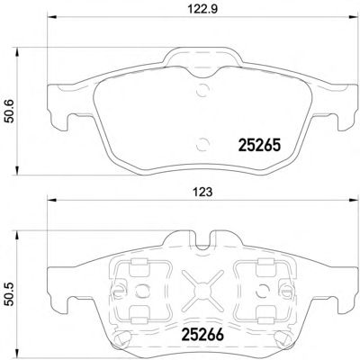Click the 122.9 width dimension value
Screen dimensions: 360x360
202,9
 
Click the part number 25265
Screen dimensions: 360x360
259,146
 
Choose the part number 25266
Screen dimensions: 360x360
202,335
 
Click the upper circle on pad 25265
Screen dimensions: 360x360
202,89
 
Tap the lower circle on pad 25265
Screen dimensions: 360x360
202,144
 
